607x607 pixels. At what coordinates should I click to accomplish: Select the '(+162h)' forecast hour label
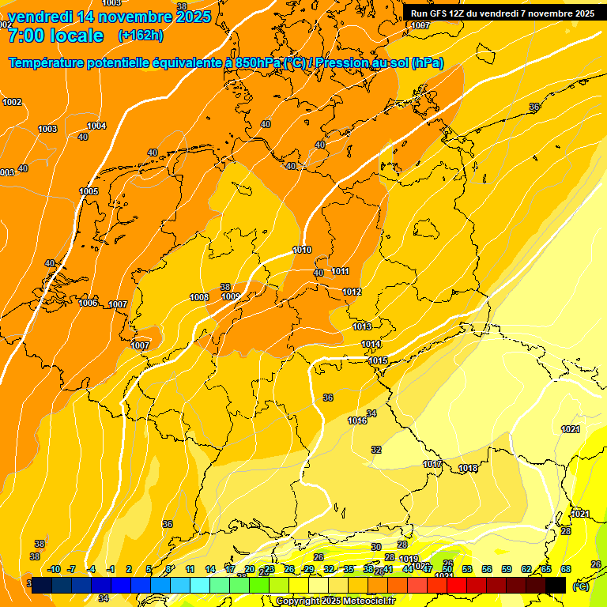pos(141,36)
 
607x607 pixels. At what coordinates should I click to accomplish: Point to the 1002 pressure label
pos(12,102)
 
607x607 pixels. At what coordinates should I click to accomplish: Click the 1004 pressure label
pos(96,126)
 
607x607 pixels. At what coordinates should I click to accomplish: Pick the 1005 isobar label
pos(89,191)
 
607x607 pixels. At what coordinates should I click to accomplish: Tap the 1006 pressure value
pos(88,303)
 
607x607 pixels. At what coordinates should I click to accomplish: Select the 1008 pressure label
pos(199,297)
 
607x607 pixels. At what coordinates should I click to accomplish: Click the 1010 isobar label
pos(302,250)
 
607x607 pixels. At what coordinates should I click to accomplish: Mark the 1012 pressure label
pos(352,292)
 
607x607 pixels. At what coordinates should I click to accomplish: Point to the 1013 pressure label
pos(362,326)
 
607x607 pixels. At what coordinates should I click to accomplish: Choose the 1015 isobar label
pos(378,360)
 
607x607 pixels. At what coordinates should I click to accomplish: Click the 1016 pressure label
pos(357,420)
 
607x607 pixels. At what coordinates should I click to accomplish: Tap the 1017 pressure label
pos(432,464)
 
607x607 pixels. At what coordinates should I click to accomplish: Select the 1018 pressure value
pos(468,468)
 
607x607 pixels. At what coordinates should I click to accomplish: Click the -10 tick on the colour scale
pos(54,569)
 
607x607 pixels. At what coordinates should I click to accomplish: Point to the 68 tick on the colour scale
pos(566,569)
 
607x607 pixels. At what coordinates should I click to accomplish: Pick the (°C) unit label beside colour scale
pos(580,586)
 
